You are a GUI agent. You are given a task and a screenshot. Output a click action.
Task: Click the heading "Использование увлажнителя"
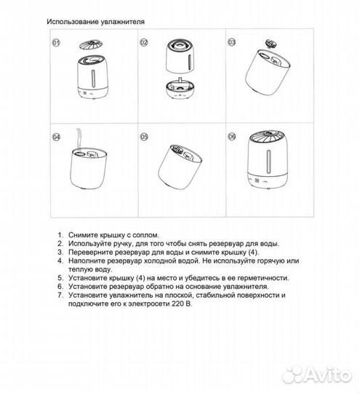click(95, 22)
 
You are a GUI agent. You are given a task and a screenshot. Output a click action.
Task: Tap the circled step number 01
click(56, 43)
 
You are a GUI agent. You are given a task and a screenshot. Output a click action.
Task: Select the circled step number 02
click(144, 42)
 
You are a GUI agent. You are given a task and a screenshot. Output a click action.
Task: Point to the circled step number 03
click(232, 42)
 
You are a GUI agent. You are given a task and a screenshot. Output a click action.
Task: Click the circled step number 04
click(56, 137)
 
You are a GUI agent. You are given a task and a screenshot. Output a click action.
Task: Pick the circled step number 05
click(144, 137)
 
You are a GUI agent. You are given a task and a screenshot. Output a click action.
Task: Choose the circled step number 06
click(232, 136)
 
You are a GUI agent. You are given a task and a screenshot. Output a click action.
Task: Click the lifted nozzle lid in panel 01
click(91, 44)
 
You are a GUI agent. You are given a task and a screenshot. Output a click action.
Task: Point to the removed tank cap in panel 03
click(271, 43)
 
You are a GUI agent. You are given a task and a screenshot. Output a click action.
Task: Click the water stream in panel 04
click(79, 139)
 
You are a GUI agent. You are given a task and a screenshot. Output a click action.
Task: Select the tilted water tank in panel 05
click(180, 167)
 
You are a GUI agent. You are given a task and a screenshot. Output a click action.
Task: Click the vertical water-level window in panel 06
click(268, 161)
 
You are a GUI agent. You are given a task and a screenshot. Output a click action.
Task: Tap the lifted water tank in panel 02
click(180, 56)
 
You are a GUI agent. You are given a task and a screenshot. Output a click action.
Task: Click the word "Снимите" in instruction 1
click(83, 235)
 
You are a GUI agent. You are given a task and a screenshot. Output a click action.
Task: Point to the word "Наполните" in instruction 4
click(87, 261)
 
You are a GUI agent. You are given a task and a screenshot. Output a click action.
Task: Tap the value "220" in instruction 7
click(177, 304)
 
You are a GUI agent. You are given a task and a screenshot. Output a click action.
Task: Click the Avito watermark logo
click(317, 375)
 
